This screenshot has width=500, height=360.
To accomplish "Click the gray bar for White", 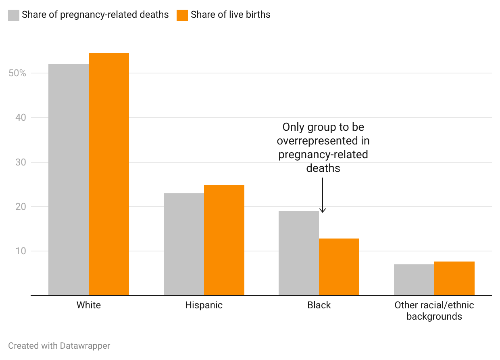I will point(69,180).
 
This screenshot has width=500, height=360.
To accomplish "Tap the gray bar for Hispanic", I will point(184,244).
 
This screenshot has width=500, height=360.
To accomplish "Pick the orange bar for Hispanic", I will point(224,240).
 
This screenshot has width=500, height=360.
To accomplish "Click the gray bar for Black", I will point(299,253).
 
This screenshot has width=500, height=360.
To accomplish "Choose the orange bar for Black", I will point(339,267).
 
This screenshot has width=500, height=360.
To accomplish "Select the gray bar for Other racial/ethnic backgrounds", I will point(414,280).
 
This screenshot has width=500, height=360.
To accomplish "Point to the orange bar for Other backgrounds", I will point(454,278).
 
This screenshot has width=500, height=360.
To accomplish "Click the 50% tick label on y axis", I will point(17,73).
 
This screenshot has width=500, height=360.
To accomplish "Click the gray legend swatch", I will point(14,15).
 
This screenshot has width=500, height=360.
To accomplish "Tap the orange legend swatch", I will point(182,15).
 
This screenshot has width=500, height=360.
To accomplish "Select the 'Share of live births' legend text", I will point(230,15).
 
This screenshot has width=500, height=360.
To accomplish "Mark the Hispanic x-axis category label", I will point(204,305).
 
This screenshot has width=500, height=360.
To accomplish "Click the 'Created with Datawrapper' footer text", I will point(59,346).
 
